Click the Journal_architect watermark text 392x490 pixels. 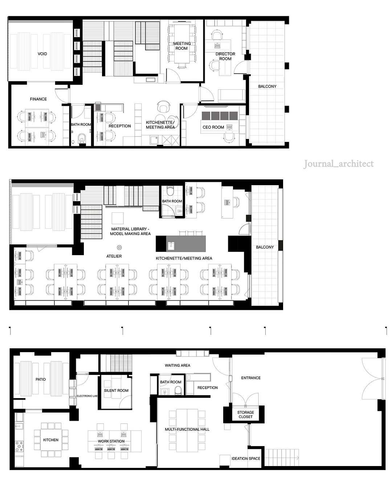(x=338, y=164)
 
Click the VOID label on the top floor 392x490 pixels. (x=42, y=54)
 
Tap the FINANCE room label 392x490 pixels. (x=38, y=99)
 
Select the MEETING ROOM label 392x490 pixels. (x=181, y=46)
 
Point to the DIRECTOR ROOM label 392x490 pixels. (x=225, y=56)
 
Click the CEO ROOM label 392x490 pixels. (x=213, y=127)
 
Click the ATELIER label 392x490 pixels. (x=114, y=256)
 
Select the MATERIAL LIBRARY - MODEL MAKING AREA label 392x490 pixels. (x=130, y=231)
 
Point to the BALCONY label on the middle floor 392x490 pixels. (x=265, y=247)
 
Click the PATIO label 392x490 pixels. (x=41, y=379)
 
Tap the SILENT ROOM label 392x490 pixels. (x=116, y=390)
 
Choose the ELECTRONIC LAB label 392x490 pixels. (x=87, y=396)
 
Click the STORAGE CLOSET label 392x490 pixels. (x=245, y=415)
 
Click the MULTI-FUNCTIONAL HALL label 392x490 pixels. (x=187, y=429)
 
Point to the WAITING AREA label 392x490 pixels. (x=177, y=365)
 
